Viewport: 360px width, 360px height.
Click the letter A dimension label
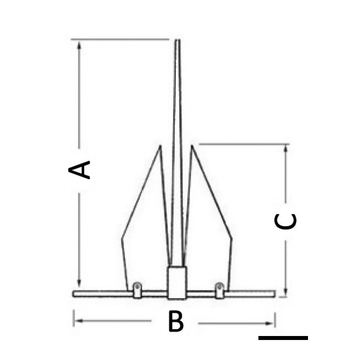[x=79, y=170]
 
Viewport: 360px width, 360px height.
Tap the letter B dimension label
[x=176, y=321]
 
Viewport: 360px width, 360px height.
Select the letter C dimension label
[x=286, y=222]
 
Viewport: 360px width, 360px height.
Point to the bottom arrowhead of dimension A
[x=79, y=283]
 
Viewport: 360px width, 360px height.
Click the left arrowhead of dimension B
[x=78, y=321]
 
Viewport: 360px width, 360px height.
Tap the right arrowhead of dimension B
[x=270, y=324]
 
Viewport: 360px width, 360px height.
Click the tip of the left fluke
[x=160, y=145]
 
